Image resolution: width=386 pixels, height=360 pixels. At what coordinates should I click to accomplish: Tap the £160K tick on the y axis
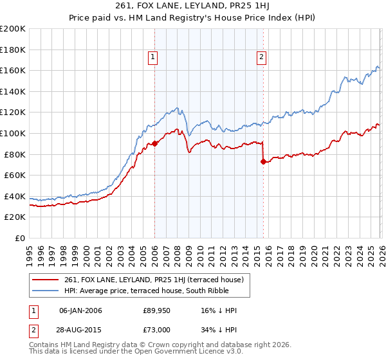(13, 70)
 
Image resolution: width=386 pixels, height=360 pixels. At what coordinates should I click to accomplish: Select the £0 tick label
(20, 238)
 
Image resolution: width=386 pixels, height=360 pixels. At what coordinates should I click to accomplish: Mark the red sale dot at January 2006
(155, 144)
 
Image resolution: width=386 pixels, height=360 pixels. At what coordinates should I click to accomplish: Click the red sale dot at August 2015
(264, 161)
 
